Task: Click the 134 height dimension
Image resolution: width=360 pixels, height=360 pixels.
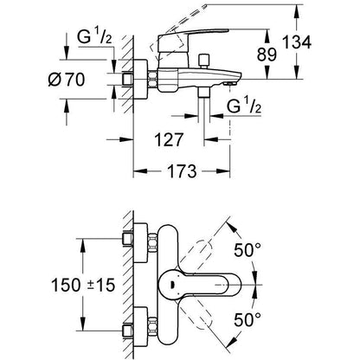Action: point(297,42)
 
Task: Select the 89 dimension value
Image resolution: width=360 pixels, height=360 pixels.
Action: point(267,55)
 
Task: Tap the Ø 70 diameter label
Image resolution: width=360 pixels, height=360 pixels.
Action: point(67,80)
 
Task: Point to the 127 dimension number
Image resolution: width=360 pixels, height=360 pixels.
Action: point(169,139)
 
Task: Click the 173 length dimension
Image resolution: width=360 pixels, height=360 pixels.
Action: point(182,171)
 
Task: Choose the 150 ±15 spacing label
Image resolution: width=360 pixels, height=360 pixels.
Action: point(83,285)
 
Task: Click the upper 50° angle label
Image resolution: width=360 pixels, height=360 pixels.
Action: point(247,250)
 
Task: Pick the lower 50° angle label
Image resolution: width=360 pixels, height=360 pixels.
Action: point(247,319)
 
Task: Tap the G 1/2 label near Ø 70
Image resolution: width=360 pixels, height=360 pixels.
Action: point(94,37)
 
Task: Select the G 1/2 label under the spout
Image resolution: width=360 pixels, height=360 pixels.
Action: point(244,106)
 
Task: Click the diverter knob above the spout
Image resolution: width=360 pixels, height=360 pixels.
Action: point(204,61)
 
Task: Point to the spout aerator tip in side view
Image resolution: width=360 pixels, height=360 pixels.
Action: point(230,83)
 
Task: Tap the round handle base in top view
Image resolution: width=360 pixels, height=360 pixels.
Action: point(171,285)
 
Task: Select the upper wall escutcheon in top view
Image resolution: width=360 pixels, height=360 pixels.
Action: point(141,243)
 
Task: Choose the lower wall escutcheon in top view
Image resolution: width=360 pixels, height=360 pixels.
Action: point(141,327)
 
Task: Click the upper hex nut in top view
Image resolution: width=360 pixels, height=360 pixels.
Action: point(152,243)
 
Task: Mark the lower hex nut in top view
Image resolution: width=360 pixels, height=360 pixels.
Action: point(152,327)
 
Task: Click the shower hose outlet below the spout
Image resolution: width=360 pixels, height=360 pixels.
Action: point(204,93)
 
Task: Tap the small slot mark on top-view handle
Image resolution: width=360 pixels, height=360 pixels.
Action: point(172,285)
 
